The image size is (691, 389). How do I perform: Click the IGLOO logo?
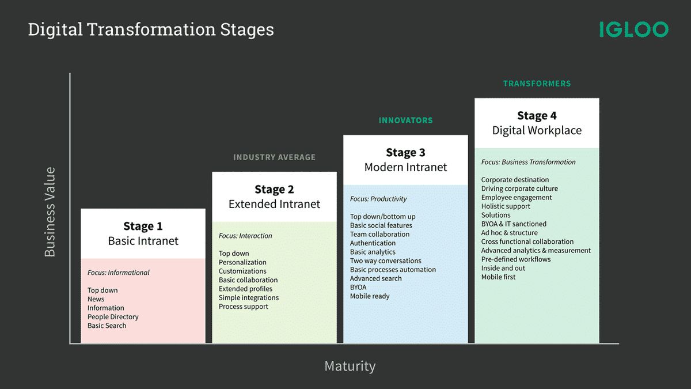point(633,29)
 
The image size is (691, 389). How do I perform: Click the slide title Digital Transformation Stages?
point(151,29)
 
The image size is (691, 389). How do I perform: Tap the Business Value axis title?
point(50,212)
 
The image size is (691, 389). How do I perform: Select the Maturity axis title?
point(350,366)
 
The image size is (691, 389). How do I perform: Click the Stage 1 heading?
point(143,226)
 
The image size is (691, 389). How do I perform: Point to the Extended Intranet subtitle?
point(274,204)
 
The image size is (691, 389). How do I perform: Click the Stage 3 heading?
point(405,153)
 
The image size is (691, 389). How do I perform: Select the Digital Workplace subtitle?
point(537,130)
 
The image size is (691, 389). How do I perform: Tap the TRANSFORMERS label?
point(537,84)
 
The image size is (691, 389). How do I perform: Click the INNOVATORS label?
point(405,120)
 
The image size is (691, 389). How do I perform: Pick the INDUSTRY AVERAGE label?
point(274,157)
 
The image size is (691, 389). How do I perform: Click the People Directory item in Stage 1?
point(113,317)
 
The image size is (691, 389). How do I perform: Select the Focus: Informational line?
point(119,273)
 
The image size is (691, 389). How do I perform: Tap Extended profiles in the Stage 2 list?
point(245,289)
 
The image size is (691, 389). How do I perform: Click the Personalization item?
point(242,262)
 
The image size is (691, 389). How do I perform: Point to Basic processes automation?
point(393,270)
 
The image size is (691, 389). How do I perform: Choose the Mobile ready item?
point(370,296)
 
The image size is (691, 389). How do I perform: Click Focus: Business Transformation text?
point(528,162)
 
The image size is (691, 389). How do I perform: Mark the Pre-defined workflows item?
point(516,259)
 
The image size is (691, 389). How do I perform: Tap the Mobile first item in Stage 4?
point(499,277)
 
